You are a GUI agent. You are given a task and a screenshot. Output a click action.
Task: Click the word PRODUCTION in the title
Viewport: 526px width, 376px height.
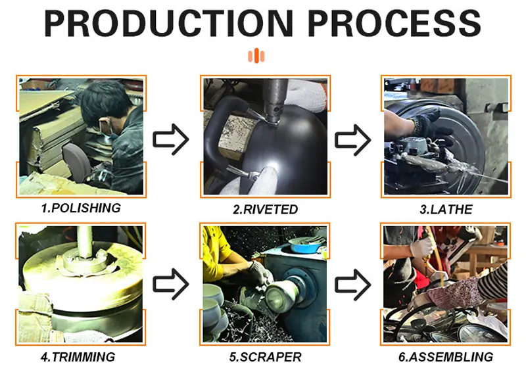[168, 23]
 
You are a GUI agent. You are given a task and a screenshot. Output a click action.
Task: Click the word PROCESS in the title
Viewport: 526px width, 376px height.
[394, 23]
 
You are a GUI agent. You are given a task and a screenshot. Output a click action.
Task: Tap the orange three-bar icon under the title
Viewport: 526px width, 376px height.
[256, 56]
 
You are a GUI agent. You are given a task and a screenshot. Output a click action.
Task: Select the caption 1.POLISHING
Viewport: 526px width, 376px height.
[81, 208]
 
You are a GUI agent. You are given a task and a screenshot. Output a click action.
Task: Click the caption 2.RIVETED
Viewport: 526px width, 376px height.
[266, 209]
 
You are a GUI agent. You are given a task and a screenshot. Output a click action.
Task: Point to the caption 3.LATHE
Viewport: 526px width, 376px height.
[446, 209]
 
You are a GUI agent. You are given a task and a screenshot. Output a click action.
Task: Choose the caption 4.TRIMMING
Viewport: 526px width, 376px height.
[78, 357]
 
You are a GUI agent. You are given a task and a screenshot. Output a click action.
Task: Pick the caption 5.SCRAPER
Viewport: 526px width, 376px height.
[265, 357]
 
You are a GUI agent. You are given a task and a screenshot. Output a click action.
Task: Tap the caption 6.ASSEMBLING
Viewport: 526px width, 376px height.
[446, 357]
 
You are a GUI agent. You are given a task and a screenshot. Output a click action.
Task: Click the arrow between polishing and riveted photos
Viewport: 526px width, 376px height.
[171, 139]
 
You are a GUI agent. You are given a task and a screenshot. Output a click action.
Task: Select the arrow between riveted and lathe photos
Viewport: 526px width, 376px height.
[353, 140]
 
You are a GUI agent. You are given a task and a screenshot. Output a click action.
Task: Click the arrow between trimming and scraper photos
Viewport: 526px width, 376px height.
[171, 284]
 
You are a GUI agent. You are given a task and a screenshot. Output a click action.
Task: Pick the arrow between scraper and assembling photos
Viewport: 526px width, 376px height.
[353, 285]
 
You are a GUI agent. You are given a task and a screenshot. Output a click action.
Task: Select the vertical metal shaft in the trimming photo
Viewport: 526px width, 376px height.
[85, 242]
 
